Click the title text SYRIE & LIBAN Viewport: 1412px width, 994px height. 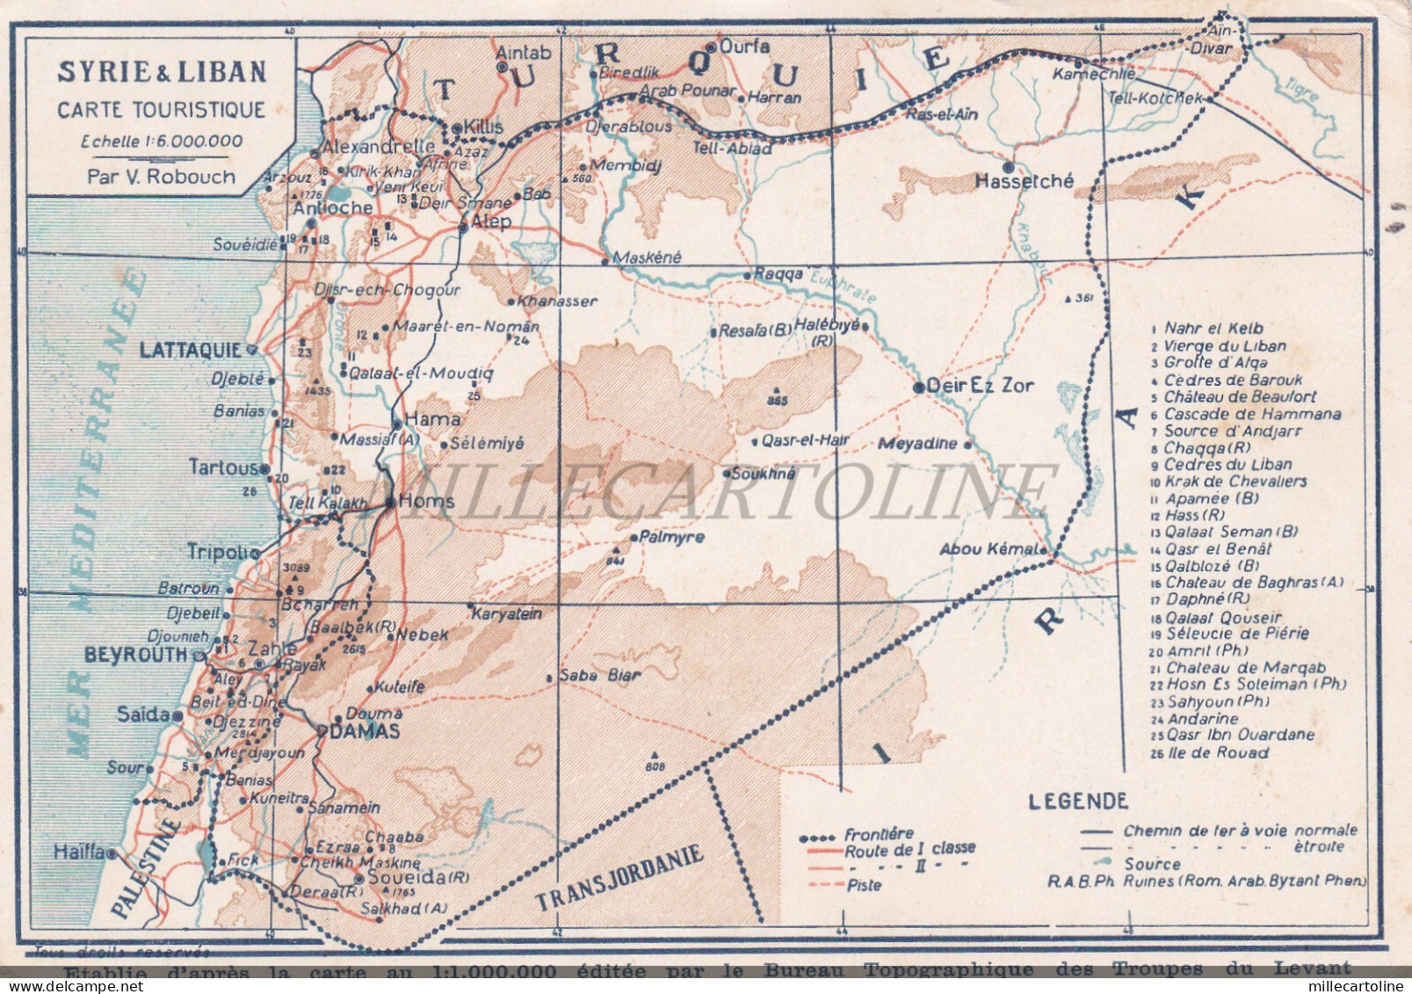(x=162, y=72)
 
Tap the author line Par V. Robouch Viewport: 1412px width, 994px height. (x=162, y=176)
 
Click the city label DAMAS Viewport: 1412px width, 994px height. (x=365, y=731)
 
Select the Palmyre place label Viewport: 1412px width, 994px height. (x=672, y=537)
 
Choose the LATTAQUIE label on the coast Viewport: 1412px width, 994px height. (x=190, y=350)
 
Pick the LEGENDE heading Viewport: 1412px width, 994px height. (x=1078, y=801)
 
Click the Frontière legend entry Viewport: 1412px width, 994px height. (x=879, y=833)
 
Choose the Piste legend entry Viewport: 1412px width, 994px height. (x=865, y=885)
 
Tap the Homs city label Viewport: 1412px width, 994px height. (x=426, y=501)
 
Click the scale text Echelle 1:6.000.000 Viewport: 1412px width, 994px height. (x=162, y=141)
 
